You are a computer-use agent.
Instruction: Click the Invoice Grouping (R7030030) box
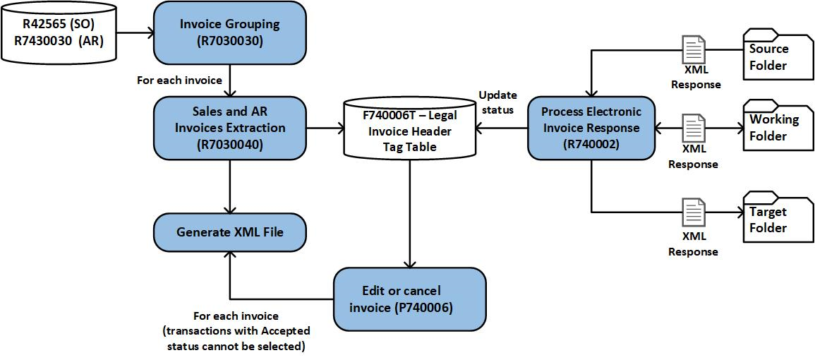(x=230, y=32)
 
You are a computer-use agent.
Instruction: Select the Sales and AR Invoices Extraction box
(x=230, y=128)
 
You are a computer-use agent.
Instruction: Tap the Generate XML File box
(x=230, y=232)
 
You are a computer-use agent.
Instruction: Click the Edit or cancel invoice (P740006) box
(x=410, y=299)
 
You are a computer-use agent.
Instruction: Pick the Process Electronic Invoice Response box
(x=591, y=128)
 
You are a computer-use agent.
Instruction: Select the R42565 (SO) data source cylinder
(x=59, y=32)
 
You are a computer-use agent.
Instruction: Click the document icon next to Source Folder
(x=694, y=51)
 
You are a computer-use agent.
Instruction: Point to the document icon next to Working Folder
(x=694, y=129)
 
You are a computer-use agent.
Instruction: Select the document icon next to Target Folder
(x=694, y=212)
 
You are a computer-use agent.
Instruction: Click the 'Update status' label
(x=498, y=102)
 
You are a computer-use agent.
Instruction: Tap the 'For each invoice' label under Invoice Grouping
(x=179, y=80)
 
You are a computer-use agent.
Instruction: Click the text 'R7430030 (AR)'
(x=59, y=41)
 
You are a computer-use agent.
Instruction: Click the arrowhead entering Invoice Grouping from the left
(x=150, y=32)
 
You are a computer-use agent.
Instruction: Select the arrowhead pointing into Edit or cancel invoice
(x=410, y=264)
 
